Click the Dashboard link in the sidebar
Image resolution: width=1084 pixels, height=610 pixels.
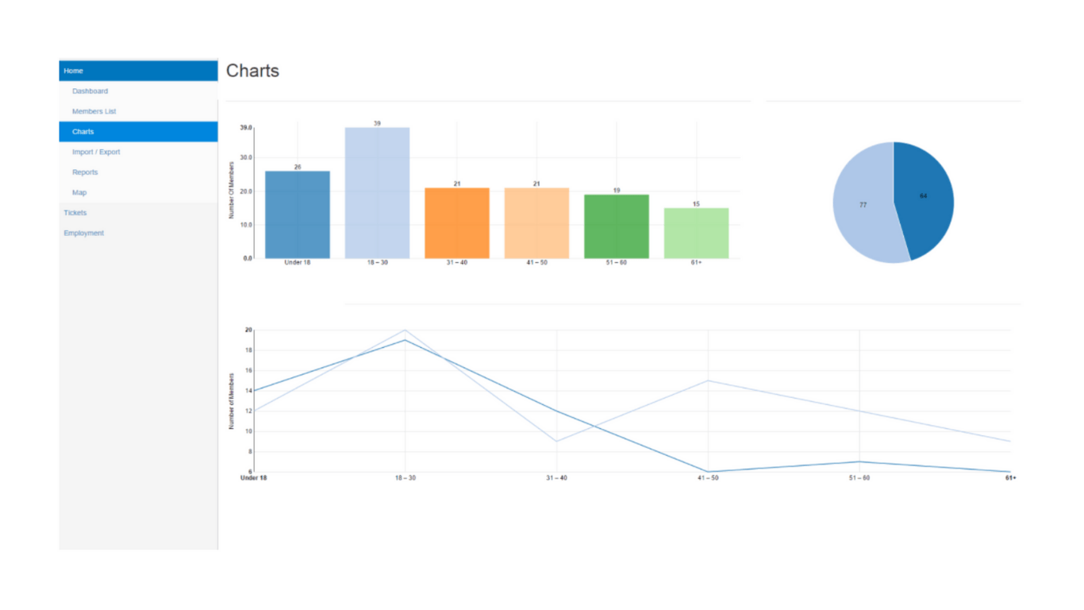click(x=90, y=91)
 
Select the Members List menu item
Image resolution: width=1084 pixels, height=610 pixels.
click(x=94, y=111)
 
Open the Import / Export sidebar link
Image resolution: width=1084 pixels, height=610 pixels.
click(x=96, y=152)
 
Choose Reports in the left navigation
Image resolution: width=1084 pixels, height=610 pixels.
click(x=85, y=172)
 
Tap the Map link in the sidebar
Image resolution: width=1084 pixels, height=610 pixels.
click(x=79, y=192)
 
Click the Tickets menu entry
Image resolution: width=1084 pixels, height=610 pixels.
click(x=75, y=213)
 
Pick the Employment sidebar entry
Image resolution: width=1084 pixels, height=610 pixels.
click(x=83, y=233)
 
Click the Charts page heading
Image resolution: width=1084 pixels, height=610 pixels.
click(x=252, y=71)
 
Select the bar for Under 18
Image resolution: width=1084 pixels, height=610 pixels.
click(x=298, y=214)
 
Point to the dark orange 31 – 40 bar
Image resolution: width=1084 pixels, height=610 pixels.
click(x=457, y=223)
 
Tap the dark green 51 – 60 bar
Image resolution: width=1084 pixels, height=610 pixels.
click(x=617, y=226)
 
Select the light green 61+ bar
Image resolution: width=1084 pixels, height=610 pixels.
click(x=696, y=233)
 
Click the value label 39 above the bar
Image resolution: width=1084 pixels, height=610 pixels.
click(x=377, y=124)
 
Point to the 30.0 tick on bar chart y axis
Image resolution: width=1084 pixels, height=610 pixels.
click(x=246, y=157)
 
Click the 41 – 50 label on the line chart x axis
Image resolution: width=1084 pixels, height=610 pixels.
click(x=708, y=478)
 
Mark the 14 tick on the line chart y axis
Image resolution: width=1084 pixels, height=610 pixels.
click(x=248, y=391)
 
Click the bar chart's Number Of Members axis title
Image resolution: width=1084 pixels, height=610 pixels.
click(x=232, y=190)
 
